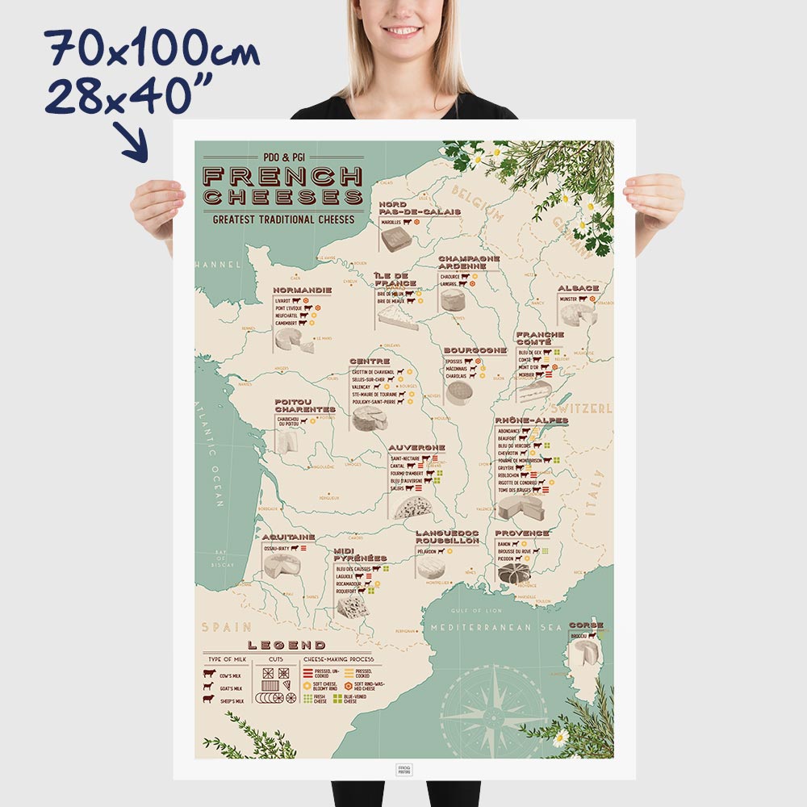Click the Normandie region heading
click(302, 290)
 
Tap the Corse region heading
click(586, 625)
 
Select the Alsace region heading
click(578, 288)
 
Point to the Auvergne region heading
click(416, 447)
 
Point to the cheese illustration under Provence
click(513, 573)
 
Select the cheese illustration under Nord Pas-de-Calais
click(397, 239)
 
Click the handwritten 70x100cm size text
click(153, 51)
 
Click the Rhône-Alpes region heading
click(531, 421)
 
